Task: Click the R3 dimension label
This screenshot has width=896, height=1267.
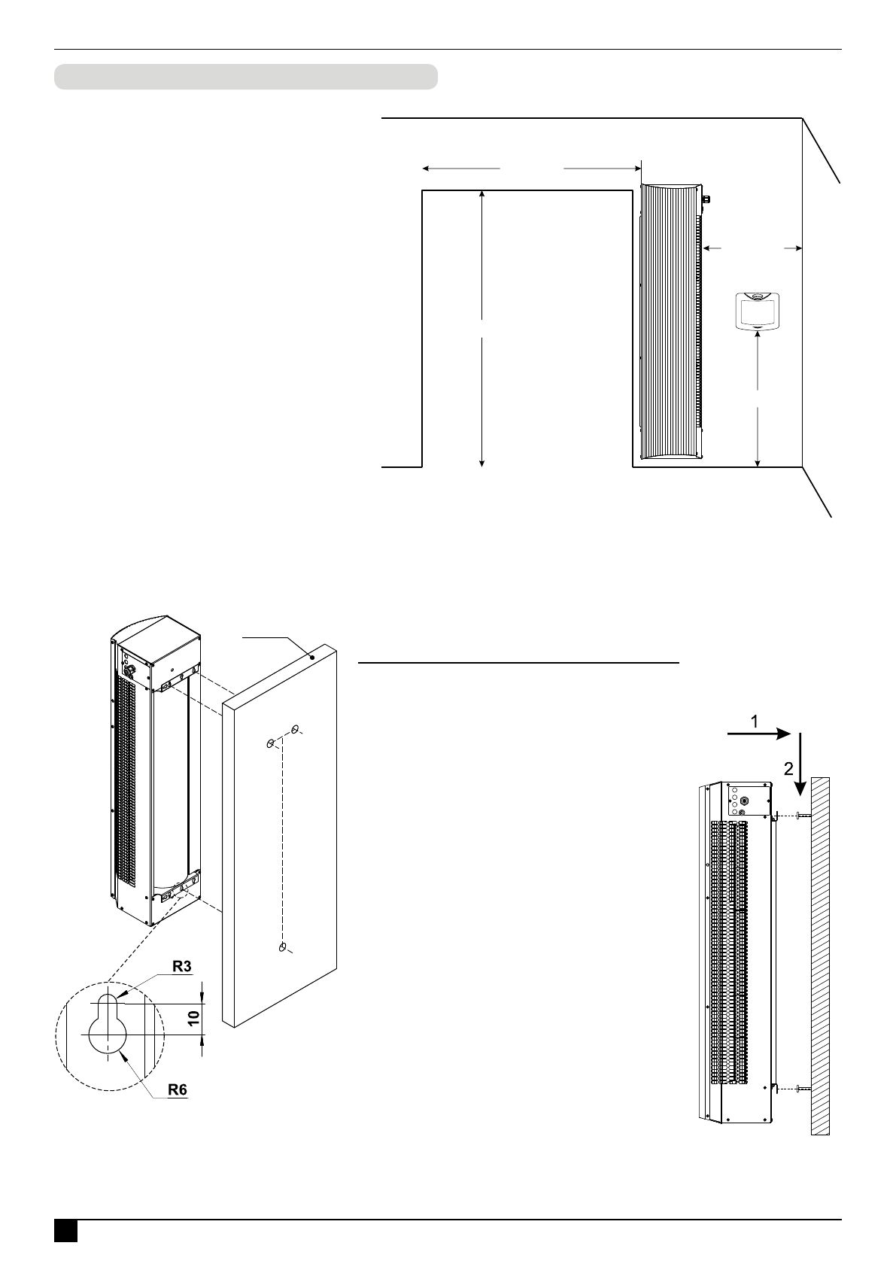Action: click(x=181, y=967)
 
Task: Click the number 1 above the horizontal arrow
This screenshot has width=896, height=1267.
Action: click(x=754, y=721)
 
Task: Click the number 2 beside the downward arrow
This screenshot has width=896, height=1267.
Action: click(x=788, y=768)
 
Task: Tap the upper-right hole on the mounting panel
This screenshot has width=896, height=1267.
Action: click(x=296, y=729)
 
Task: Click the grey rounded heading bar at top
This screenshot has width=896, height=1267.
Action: click(x=245, y=77)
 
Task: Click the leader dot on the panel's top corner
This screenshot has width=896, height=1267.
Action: click(x=311, y=658)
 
